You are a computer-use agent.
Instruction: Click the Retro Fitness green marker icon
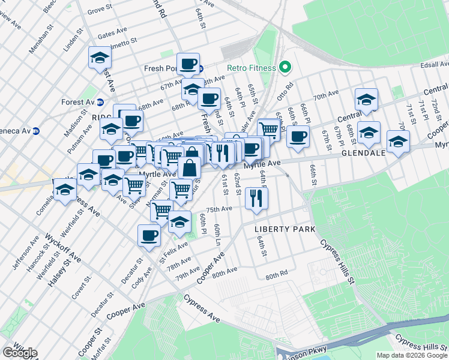click(286, 68)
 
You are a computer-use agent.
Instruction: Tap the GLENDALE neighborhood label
click(364, 153)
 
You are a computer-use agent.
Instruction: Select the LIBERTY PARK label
click(285, 229)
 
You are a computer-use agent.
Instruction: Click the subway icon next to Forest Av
click(101, 102)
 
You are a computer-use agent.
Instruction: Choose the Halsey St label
click(58, 269)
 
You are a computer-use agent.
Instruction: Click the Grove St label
click(99, 11)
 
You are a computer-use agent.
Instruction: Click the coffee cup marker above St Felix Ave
click(149, 236)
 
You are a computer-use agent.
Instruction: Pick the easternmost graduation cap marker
click(398, 143)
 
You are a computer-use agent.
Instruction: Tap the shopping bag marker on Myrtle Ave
click(190, 167)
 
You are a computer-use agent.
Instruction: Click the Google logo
click(19, 353)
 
